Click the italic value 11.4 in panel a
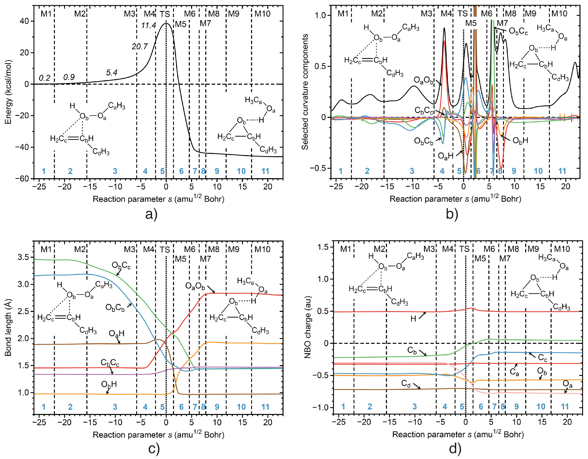pyautogui.click(x=148, y=26)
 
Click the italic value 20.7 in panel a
pyautogui.click(x=140, y=47)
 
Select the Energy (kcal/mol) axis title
pyautogui.click(x=8, y=92)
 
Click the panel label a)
pyautogui.click(x=151, y=214)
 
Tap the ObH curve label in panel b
pyautogui.click(x=520, y=140)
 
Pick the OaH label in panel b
pyautogui.click(x=446, y=156)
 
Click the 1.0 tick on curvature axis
pyautogui.click(x=320, y=15)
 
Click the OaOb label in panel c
pyautogui.click(x=195, y=286)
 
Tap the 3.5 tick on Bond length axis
pyautogui.click(x=23, y=257)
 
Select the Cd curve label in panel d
pyautogui.click(x=406, y=383)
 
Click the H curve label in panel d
pyautogui.click(x=413, y=319)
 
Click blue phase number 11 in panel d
pyautogui.click(x=565, y=407)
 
